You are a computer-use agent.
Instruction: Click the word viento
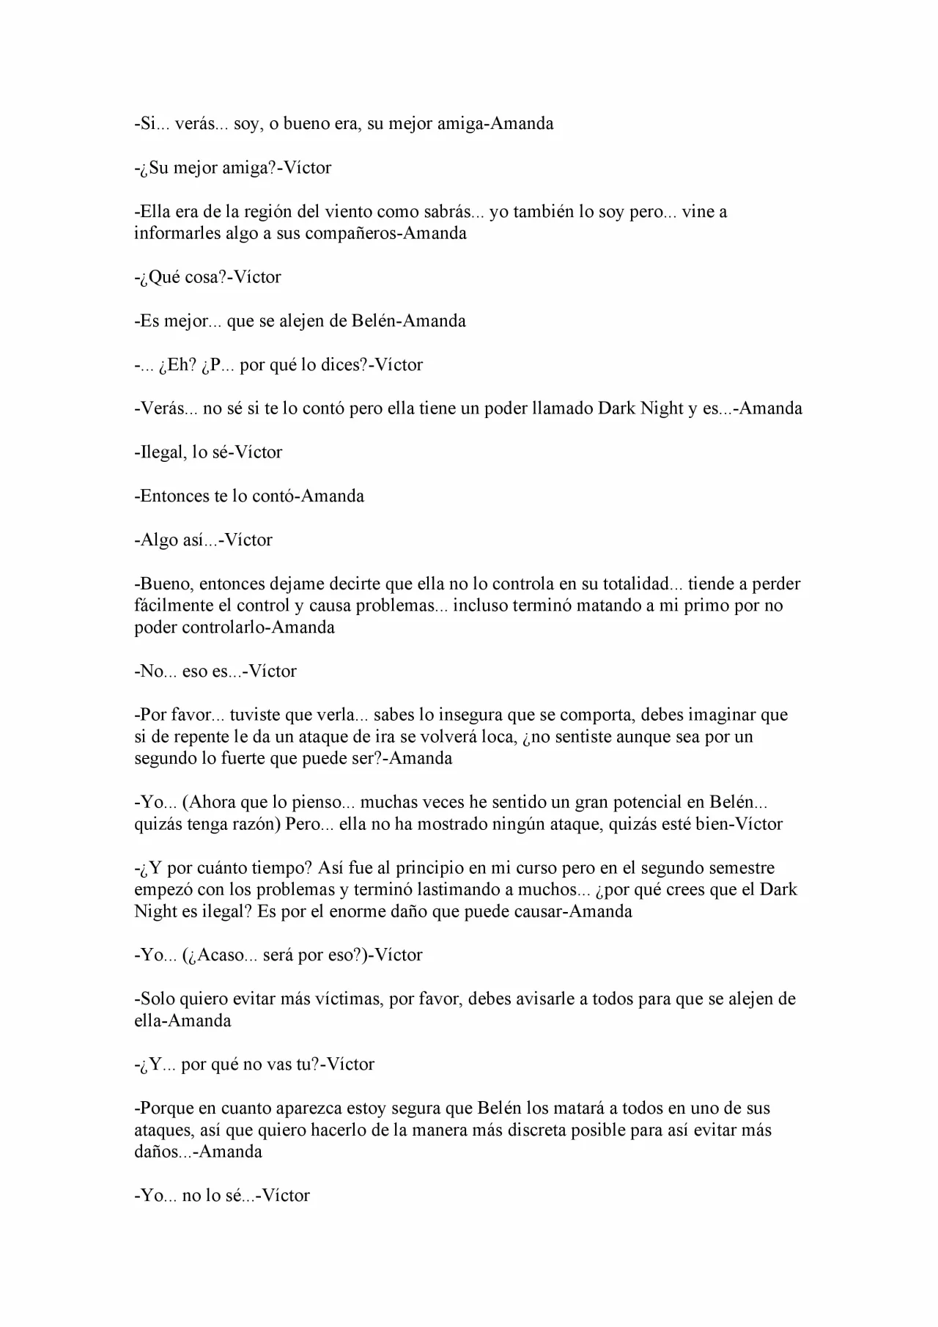[344, 212]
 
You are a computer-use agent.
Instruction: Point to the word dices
[341, 364]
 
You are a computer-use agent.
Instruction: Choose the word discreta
[566, 1131]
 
